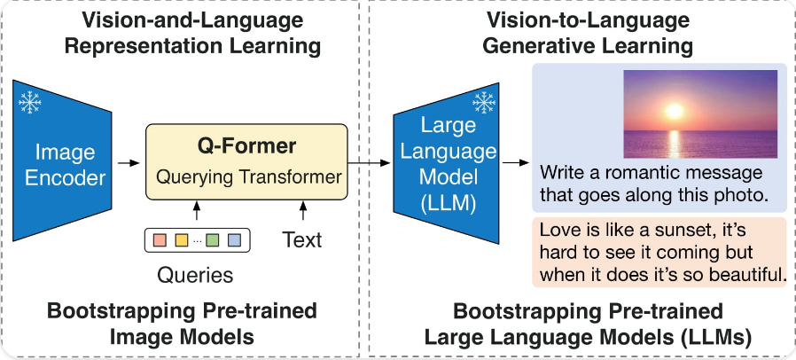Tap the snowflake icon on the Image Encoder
point(31,103)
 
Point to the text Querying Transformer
point(249,177)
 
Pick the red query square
point(160,239)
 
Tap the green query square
point(213,239)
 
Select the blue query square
point(234,239)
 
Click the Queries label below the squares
point(195,275)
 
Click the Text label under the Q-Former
point(302,239)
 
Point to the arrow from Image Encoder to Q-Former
point(129,163)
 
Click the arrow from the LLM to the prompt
point(515,163)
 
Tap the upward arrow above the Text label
point(302,212)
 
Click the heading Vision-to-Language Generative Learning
point(581,31)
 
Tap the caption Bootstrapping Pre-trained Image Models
point(181,324)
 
